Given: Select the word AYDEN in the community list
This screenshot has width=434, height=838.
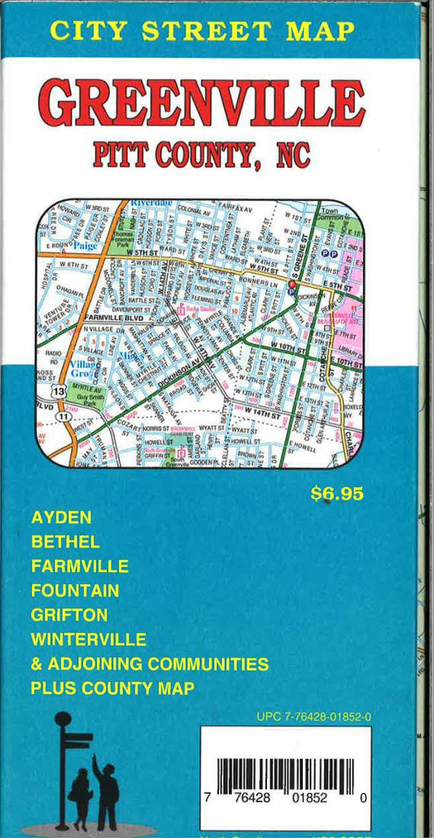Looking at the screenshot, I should [x=61, y=517].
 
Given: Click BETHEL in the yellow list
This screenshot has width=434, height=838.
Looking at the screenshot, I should [x=65, y=541].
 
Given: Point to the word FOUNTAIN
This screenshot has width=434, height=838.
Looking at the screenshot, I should [x=75, y=590].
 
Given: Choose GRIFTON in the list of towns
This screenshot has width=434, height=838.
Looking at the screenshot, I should [x=69, y=614].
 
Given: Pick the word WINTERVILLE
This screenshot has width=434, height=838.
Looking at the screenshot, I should [x=89, y=639].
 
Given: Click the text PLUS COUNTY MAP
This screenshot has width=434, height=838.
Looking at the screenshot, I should [x=112, y=688].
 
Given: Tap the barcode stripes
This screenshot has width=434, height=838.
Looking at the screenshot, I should [x=286, y=774].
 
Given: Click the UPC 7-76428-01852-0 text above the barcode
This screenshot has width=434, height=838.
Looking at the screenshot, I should [x=313, y=717].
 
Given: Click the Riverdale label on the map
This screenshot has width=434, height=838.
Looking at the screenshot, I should [x=152, y=202].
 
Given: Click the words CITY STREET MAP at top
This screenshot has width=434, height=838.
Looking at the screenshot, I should [x=202, y=31].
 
